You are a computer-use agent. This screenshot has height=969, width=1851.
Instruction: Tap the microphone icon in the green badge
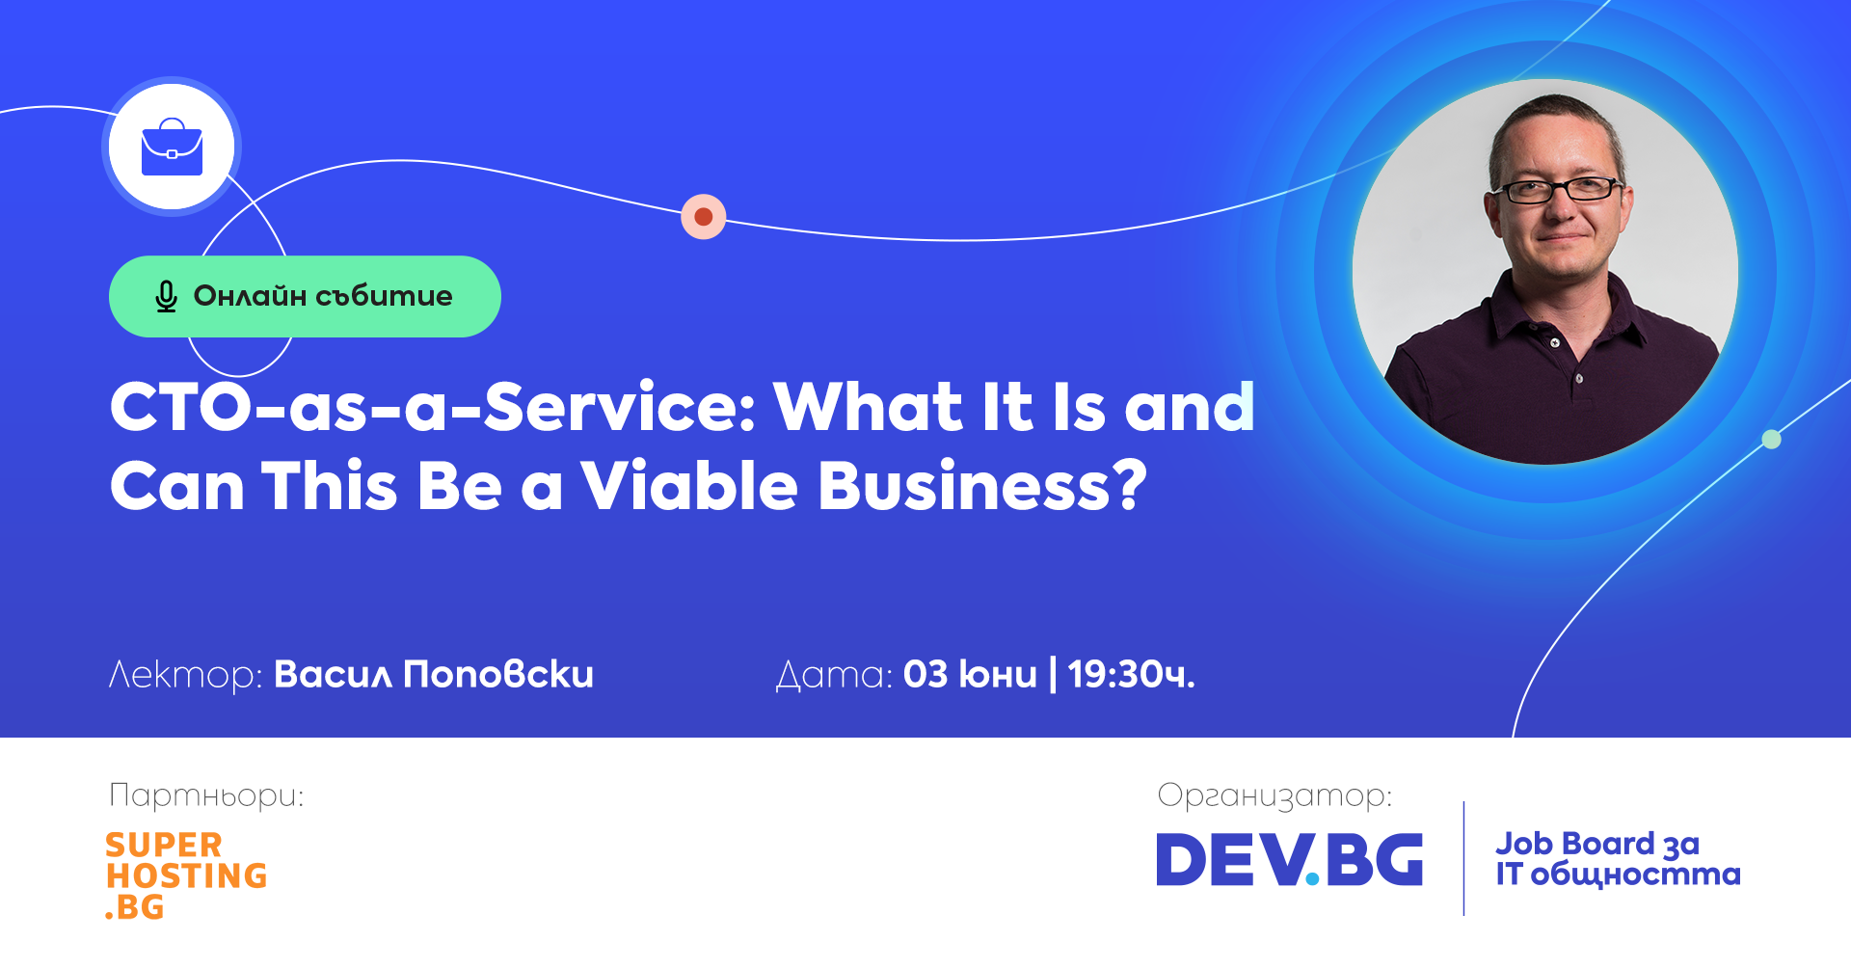tap(166, 297)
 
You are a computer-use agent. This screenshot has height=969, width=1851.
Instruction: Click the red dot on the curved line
tap(704, 216)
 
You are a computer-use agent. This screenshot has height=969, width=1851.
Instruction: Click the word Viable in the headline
tap(688, 485)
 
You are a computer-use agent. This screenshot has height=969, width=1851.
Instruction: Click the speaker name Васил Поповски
tap(434, 674)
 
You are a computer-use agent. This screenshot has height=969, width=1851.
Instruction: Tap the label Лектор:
tap(185, 675)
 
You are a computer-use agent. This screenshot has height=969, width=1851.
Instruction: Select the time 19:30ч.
tap(1131, 674)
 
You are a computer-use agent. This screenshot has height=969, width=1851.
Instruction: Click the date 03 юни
tap(970, 674)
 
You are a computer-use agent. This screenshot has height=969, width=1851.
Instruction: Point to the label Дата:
tap(834, 675)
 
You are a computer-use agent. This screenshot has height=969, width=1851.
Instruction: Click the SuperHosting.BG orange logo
tap(186, 875)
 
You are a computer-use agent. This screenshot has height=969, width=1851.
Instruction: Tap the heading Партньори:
tap(206, 796)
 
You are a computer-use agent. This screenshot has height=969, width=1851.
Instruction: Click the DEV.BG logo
tap(1290, 860)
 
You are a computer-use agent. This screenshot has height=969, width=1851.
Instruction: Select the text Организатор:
tap(1274, 796)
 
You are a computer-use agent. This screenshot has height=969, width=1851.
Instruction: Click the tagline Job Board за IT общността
tap(1618, 859)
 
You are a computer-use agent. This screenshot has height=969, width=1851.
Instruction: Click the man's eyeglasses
tap(1562, 189)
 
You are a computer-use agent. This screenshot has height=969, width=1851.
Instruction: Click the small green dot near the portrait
tap(1771, 440)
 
